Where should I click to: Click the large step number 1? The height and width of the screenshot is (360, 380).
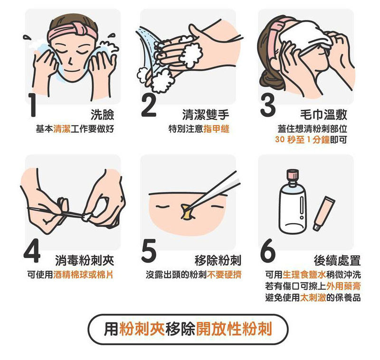tap(32, 105)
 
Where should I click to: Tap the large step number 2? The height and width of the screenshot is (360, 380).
tap(149, 105)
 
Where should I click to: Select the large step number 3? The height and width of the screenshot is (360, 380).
tap(268, 105)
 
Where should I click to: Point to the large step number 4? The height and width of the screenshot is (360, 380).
tap(32, 251)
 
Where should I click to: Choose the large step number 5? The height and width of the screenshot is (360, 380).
tap(149, 251)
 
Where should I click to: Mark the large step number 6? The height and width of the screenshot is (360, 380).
tap(268, 251)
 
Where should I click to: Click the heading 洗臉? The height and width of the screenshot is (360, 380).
tap(102, 115)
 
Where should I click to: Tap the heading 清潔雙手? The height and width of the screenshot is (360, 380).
tap(206, 115)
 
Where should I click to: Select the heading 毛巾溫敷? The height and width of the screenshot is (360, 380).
tap(324, 115)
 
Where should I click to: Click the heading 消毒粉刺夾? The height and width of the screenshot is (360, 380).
tap(85, 261)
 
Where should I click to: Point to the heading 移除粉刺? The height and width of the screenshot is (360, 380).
tap(218, 261)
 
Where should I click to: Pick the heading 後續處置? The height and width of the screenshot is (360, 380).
tap(337, 261)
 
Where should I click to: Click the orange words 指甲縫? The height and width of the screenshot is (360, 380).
tap(216, 129)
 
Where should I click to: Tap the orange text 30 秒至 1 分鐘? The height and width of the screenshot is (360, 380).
tap(303, 140)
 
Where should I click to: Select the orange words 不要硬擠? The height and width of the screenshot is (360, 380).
tap(224, 274)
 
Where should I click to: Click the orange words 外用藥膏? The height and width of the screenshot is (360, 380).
tap(343, 286)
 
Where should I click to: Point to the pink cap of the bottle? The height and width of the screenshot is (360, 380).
tap(293, 175)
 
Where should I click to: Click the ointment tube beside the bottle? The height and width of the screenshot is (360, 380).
tap(324, 213)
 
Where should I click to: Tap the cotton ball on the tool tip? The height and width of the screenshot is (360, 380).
tap(86, 217)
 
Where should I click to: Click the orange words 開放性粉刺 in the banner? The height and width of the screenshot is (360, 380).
tap(234, 329)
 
